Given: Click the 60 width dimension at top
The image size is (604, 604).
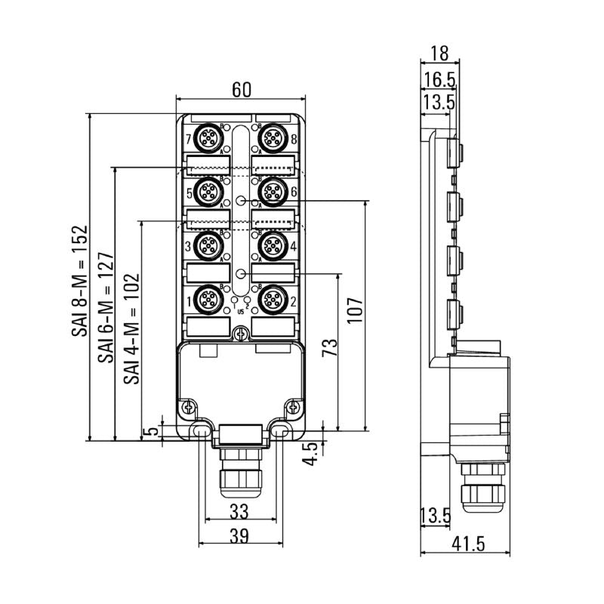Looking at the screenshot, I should point(241,88).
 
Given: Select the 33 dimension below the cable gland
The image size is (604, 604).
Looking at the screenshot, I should point(239,512).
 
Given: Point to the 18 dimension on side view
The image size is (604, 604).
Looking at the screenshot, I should point(439,53).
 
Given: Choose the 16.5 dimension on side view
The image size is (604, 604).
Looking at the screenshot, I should point(439,78).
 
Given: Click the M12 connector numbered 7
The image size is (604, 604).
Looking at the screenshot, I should point(208,139).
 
